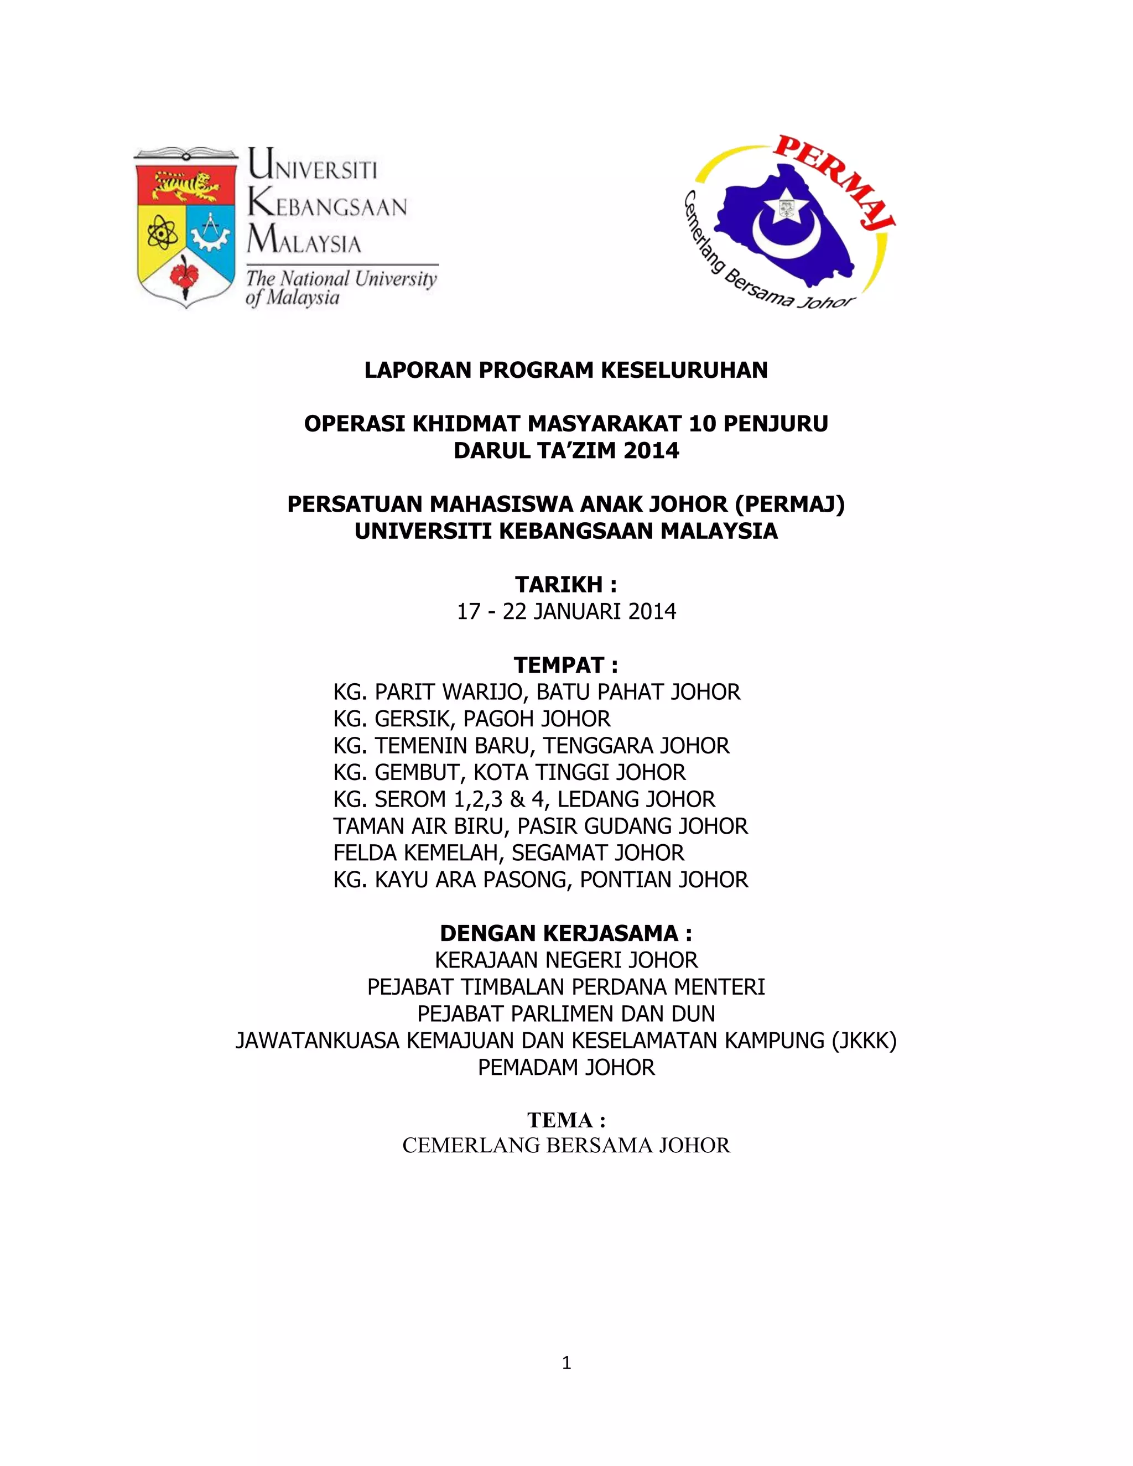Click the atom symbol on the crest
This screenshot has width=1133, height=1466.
click(x=162, y=232)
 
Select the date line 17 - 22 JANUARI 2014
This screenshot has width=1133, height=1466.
click(x=566, y=611)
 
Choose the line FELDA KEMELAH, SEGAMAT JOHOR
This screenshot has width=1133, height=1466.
click(x=508, y=853)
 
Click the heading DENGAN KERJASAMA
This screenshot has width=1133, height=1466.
click(x=565, y=934)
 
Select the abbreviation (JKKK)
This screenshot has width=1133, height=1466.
click(x=863, y=1041)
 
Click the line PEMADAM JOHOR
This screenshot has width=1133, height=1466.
click(x=566, y=1068)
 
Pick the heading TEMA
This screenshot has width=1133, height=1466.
click(x=565, y=1120)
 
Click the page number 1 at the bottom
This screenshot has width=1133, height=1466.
click(x=566, y=1363)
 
